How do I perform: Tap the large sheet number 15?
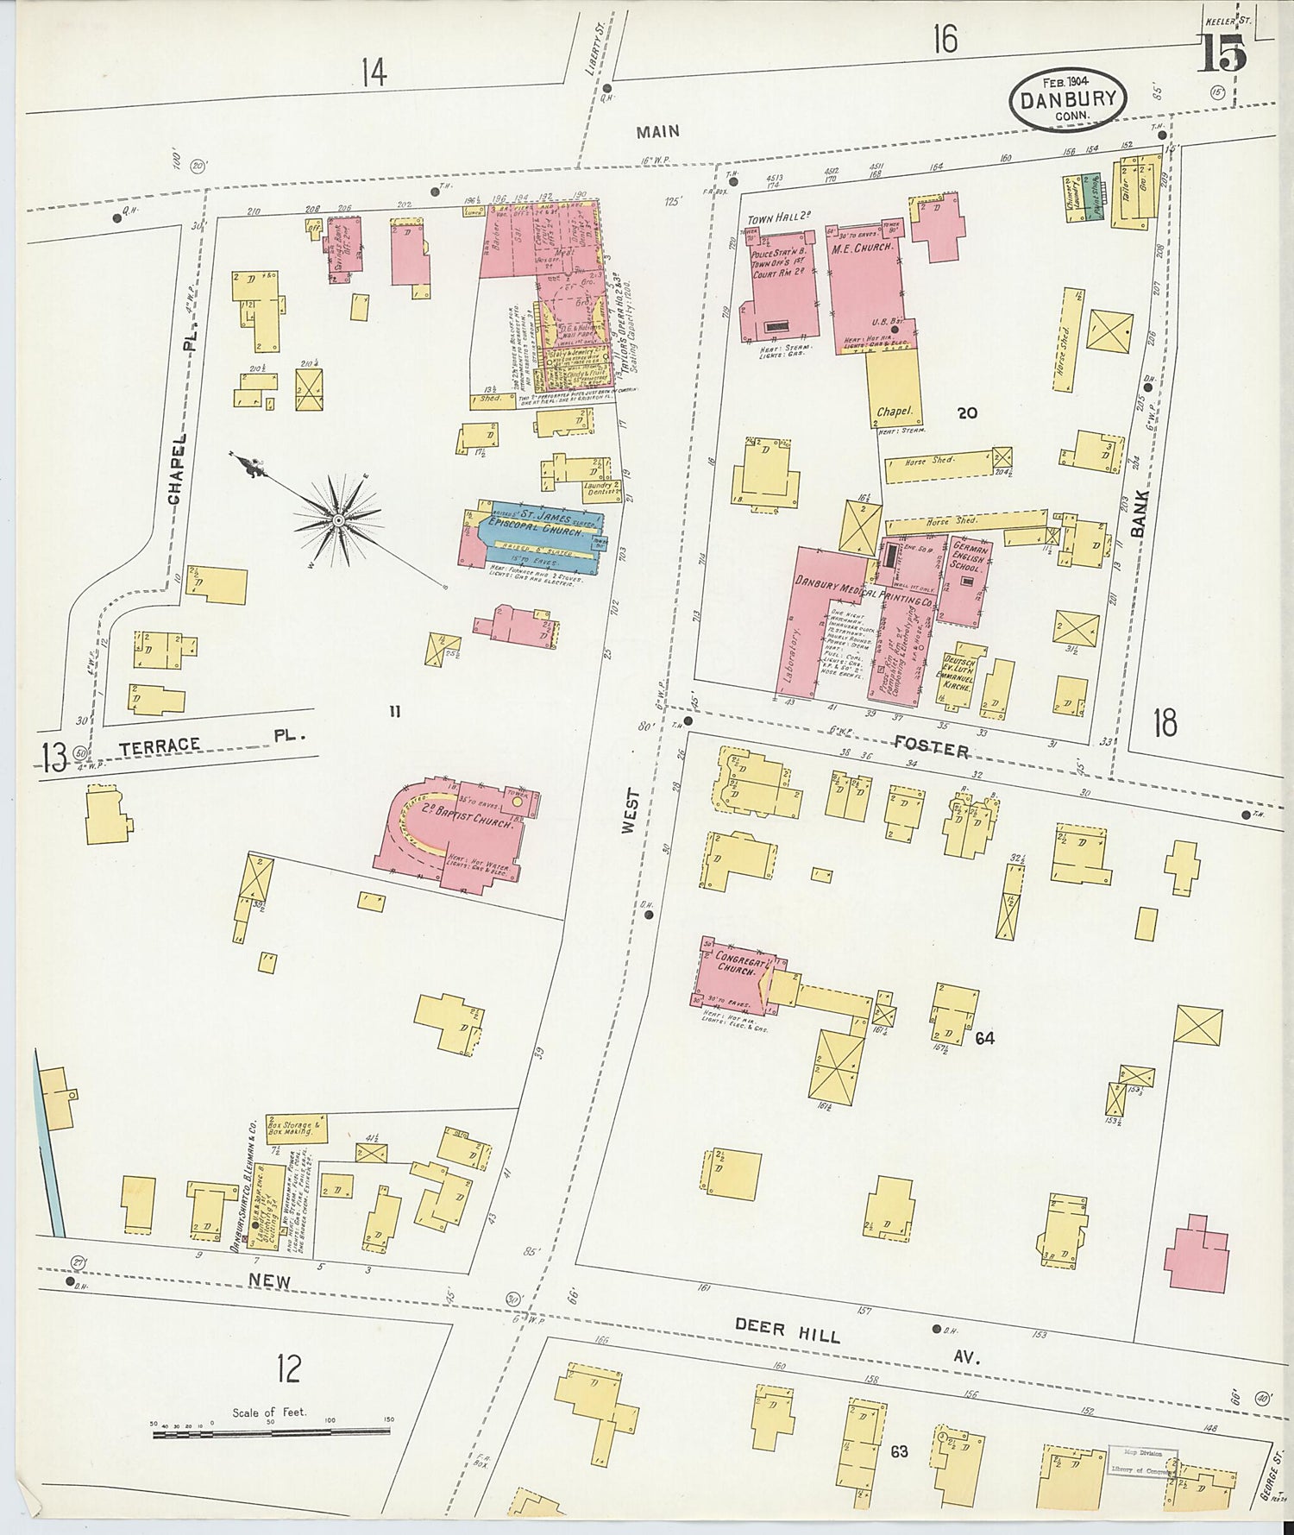pyautogui.click(x=1222, y=56)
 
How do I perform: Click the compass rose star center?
pyautogui.click(x=339, y=520)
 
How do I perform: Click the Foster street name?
pyautogui.click(x=931, y=747)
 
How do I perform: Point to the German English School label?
pyautogui.click(x=967, y=557)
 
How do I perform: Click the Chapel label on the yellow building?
pyautogui.click(x=895, y=412)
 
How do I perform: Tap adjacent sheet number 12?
pyautogui.click(x=290, y=1368)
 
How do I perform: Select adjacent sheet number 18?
pyautogui.click(x=1165, y=722)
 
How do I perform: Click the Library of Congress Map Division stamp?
pyautogui.click(x=1142, y=1462)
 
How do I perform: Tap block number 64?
pyautogui.click(x=984, y=1038)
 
